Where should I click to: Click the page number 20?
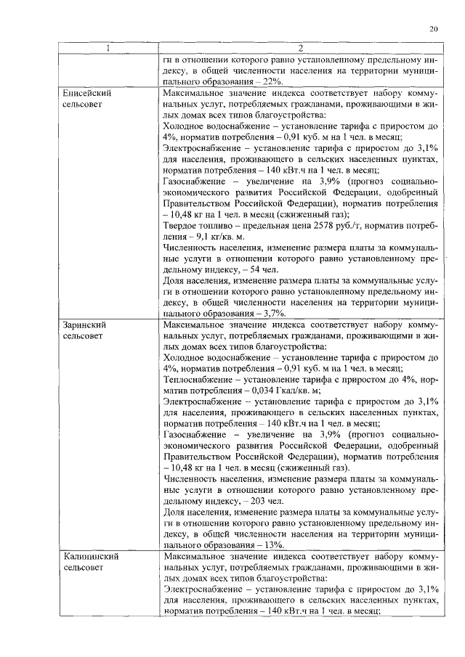(433, 29)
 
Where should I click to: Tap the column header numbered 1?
(109, 49)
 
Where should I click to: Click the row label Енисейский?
(86, 94)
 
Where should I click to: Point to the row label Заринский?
(84, 325)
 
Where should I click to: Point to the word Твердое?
(182, 225)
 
